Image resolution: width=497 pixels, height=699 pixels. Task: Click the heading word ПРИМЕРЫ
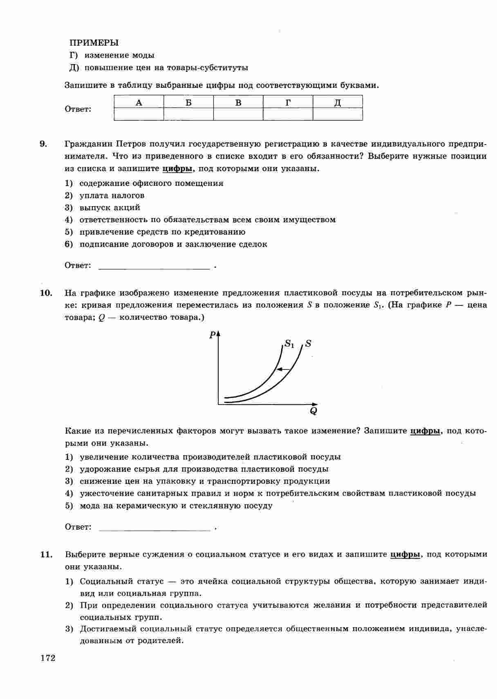point(94,43)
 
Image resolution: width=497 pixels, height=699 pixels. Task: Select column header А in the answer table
point(139,102)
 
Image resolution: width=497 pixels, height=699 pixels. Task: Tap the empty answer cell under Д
point(338,114)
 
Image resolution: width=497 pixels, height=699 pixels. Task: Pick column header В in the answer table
point(238,102)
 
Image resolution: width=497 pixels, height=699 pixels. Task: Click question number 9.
point(43,144)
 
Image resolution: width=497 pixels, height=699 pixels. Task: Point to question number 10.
point(46,293)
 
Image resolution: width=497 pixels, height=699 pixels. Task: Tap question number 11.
point(46,554)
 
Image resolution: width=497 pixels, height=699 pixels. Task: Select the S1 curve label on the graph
point(289,344)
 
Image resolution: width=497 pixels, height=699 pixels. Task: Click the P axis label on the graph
point(212,335)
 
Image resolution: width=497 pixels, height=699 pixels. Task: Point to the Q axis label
point(313,411)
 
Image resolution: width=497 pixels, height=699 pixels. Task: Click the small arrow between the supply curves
point(283,370)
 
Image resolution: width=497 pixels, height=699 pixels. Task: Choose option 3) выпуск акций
point(110,207)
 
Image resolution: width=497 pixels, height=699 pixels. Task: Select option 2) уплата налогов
point(112,196)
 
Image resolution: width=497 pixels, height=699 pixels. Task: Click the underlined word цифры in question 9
point(177,169)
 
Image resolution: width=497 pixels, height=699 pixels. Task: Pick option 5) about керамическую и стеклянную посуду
point(176,506)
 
